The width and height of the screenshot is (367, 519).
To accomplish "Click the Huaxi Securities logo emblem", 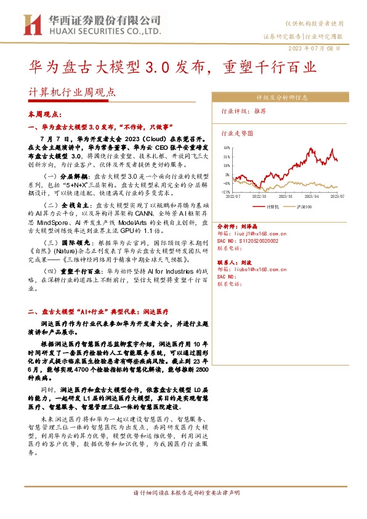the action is (x=30, y=25).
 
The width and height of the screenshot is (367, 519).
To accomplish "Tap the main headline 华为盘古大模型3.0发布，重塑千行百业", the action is (x=173, y=66).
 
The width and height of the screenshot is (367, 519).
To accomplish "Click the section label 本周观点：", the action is (x=42, y=115).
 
